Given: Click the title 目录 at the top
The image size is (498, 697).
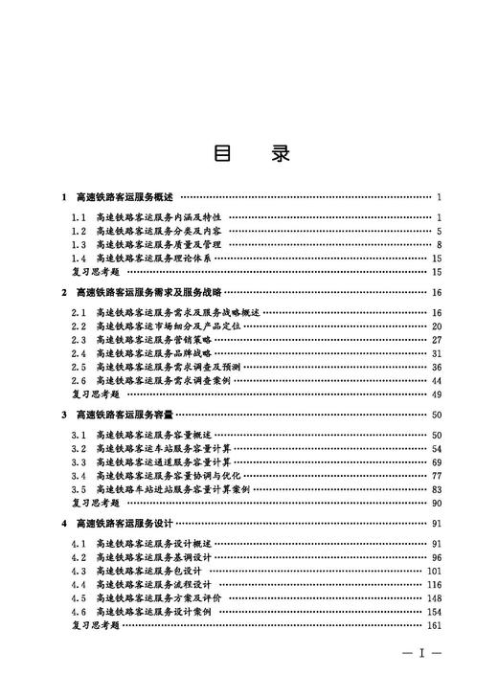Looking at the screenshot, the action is pos(248,154).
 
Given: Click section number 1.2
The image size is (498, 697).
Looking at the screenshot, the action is pos(79,231).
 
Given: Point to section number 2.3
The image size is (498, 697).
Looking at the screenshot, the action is pos(79,339).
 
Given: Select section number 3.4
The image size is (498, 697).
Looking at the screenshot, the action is pos(79,475).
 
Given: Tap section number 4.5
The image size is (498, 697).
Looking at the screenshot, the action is pos(79,597).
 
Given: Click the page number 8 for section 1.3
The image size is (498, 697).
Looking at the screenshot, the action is pos(438,244).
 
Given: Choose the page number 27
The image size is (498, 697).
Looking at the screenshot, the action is pos(436,339).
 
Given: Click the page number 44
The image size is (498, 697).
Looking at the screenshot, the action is pos(436,380).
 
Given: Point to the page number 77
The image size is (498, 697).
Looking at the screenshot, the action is pos(436,475).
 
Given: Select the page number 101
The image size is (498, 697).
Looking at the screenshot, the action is pos(433,571).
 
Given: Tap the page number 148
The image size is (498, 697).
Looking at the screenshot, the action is pos(433,597).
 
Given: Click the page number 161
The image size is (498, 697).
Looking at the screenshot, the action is pos(433,625).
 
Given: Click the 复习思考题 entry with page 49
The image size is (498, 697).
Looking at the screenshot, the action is pos(96,393).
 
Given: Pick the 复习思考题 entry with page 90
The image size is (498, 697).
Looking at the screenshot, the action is pos(96,503).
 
